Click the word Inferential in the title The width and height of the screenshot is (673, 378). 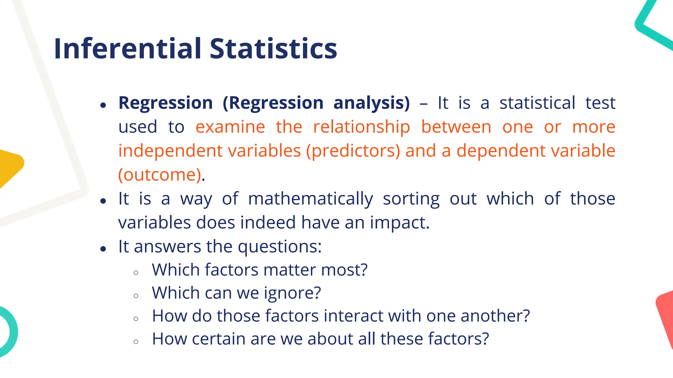click(128, 49)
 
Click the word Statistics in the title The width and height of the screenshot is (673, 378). click(273, 49)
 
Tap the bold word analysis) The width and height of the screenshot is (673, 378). click(371, 103)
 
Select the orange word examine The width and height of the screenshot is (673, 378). click(230, 127)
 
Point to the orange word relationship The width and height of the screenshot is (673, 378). click(361, 128)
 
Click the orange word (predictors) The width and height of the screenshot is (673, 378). click(353, 151)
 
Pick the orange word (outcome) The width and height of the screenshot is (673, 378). click(160, 175)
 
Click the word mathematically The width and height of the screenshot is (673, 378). click(311, 199)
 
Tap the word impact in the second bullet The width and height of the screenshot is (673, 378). click(399, 223)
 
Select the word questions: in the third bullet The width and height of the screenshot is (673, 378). click(280, 247)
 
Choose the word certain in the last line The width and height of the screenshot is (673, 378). click(219, 339)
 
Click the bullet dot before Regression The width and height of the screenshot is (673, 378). click(104, 105)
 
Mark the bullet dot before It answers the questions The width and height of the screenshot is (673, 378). click(104, 249)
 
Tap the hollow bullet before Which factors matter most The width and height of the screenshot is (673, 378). click(136, 273)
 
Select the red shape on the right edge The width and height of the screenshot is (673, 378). click(665, 315)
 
